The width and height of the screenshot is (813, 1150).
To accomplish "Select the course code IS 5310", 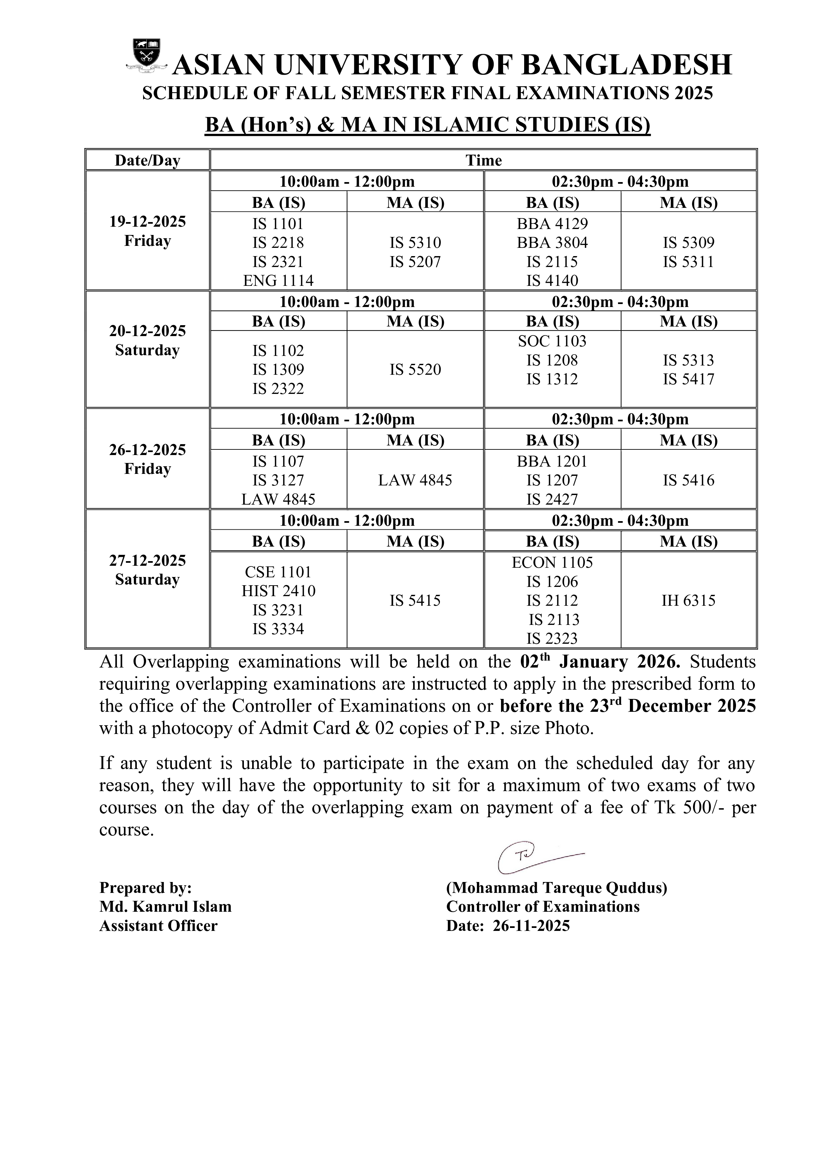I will [415, 243].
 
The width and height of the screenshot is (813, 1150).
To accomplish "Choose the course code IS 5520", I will [415, 370].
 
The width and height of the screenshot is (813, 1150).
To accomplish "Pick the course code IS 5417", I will [688, 379].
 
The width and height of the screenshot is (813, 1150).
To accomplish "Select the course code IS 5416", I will [688, 480].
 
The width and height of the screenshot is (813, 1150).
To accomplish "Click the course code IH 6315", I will [688, 600].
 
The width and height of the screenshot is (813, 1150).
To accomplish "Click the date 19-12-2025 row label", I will [147, 222].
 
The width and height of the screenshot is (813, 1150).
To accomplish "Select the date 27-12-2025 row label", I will [147, 560].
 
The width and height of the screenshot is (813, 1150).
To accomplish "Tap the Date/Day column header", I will [147, 160].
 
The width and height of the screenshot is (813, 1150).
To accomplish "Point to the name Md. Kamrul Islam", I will [165, 906].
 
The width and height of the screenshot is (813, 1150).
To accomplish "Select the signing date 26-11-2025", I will [531, 926].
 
